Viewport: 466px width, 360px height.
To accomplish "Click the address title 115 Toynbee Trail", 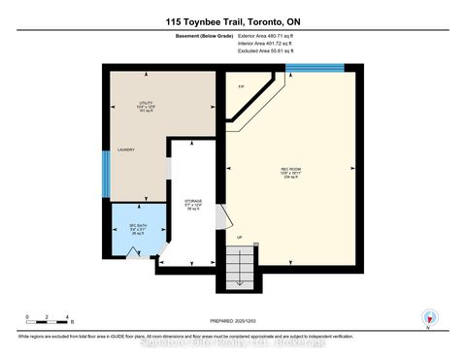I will pos(232,22).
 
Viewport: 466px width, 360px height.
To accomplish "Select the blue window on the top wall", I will pos(315,67).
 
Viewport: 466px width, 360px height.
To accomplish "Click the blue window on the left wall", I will pos(106,173).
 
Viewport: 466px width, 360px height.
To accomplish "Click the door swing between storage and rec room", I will pos(220,217).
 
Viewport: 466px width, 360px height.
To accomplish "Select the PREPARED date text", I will pos(232,322).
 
